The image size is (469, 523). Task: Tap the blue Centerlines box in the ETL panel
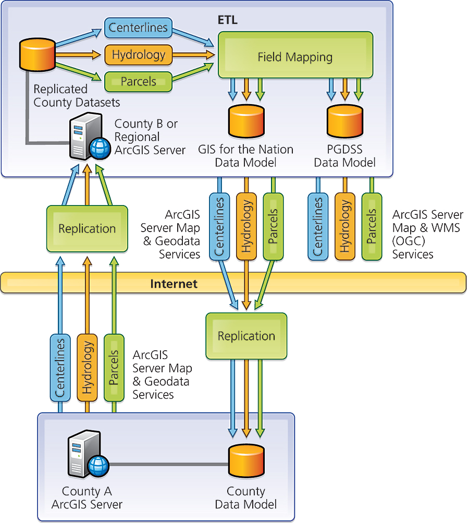pos(138,27)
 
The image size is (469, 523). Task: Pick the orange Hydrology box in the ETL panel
pos(138,55)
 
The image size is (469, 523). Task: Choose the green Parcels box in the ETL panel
pos(138,81)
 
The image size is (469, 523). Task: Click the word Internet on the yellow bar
pos(174,284)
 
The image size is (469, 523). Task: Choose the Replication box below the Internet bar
pos(246,336)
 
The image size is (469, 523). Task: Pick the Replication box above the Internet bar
pos(87,228)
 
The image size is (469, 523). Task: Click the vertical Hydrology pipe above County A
pos(87,367)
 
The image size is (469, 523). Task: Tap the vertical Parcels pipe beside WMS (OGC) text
pos(372,226)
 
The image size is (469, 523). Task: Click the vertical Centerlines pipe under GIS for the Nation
pos(219,226)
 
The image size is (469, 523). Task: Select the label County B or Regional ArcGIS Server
pos(150,137)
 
